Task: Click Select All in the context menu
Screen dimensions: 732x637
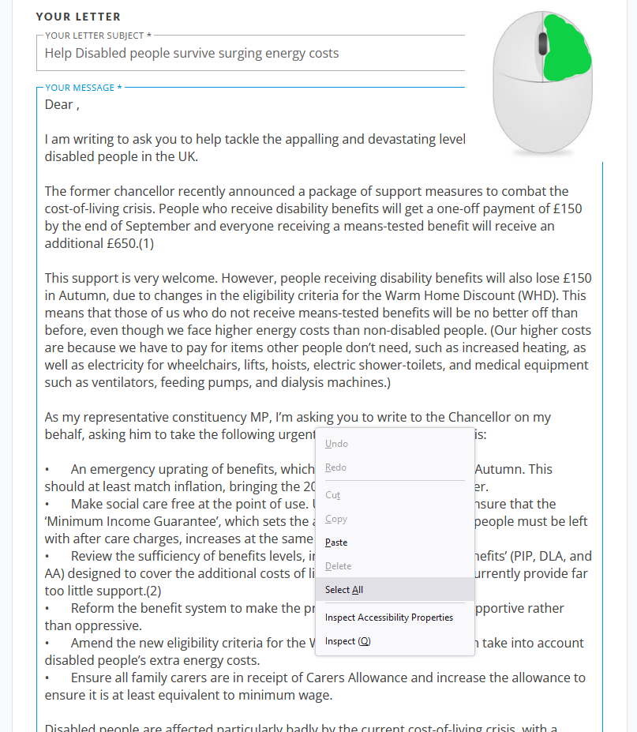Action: point(344,590)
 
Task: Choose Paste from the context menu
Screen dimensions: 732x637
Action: point(336,542)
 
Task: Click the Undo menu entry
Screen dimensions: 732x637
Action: point(336,444)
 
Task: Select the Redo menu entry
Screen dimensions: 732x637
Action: point(335,467)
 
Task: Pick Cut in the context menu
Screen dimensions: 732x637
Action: point(332,495)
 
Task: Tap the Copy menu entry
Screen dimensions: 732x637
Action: point(336,519)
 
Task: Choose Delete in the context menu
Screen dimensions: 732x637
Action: point(339,566)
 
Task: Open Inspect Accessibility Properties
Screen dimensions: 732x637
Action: point(389,618)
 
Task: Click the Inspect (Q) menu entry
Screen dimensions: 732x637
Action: point(347,641)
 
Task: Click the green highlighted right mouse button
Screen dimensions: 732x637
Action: point(567,49)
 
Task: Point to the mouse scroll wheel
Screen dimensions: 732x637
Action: point(542,43)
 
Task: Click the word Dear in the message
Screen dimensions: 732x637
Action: point(58,104)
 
